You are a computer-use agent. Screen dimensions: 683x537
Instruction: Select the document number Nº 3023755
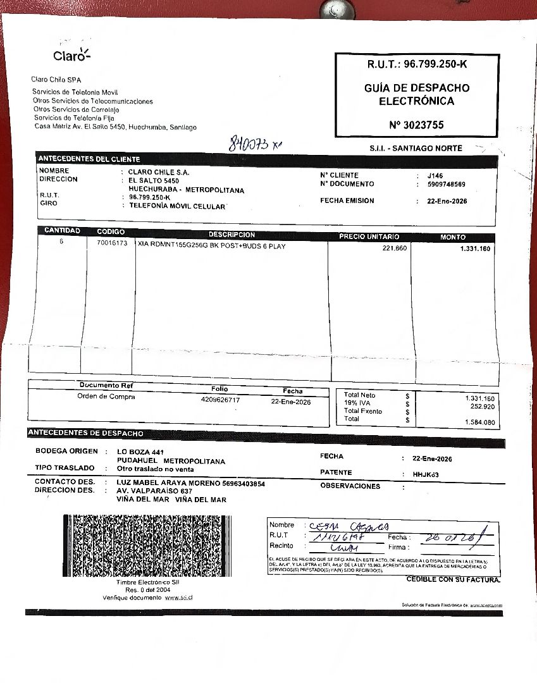[x=416, y=125]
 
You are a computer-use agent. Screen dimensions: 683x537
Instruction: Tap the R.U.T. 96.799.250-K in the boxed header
[x=417, y=65]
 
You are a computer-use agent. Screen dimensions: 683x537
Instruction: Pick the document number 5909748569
[x=446, y=185]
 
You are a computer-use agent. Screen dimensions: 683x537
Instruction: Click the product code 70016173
[x=112, y=243]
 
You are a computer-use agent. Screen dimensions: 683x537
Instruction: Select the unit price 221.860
[x=395, y=249]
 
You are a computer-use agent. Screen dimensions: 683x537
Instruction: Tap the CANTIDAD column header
[x=62, y=231]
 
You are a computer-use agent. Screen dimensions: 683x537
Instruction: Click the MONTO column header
[x=453, y=237]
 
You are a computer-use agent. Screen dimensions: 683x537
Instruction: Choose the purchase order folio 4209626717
[x=220, y=400]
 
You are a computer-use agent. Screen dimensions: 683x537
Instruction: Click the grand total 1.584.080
[x=479, y=422]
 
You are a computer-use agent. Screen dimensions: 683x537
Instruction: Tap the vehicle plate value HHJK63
[x=426, y=474]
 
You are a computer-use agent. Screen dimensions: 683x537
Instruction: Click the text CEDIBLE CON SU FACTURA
[x=453, y=579]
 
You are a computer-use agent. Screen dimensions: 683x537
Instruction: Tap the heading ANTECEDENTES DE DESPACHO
[x=85, y=433]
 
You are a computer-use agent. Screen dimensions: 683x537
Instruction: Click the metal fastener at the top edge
[x=332, y=9]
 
